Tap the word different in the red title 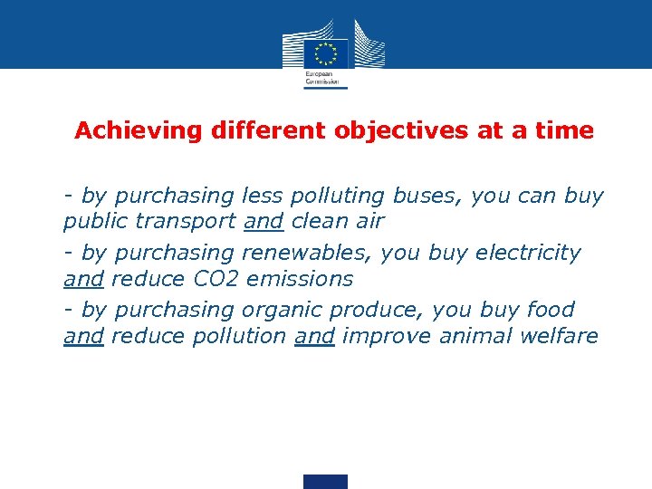point(269,131)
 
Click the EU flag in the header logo point(326,52)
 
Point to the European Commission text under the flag point(319,77)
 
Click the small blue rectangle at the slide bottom point(325,481)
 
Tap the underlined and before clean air point(264,221)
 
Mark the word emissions point(300,278)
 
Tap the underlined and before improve point(315,336)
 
